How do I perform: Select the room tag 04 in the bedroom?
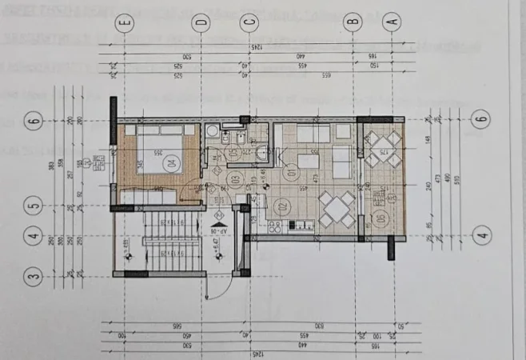click(169, 161)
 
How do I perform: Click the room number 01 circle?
click(290, 169)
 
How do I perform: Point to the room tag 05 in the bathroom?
click(233, 152)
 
